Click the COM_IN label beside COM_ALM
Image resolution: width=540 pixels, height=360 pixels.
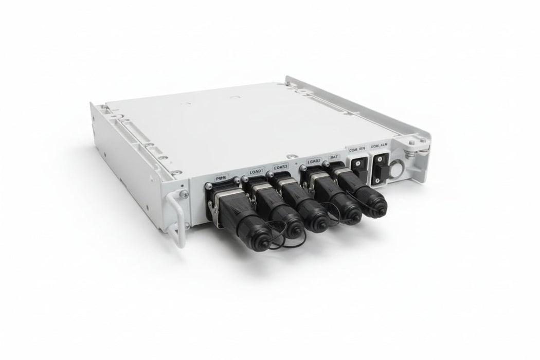(357, 151)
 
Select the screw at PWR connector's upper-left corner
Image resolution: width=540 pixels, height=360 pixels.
(209, 185)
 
